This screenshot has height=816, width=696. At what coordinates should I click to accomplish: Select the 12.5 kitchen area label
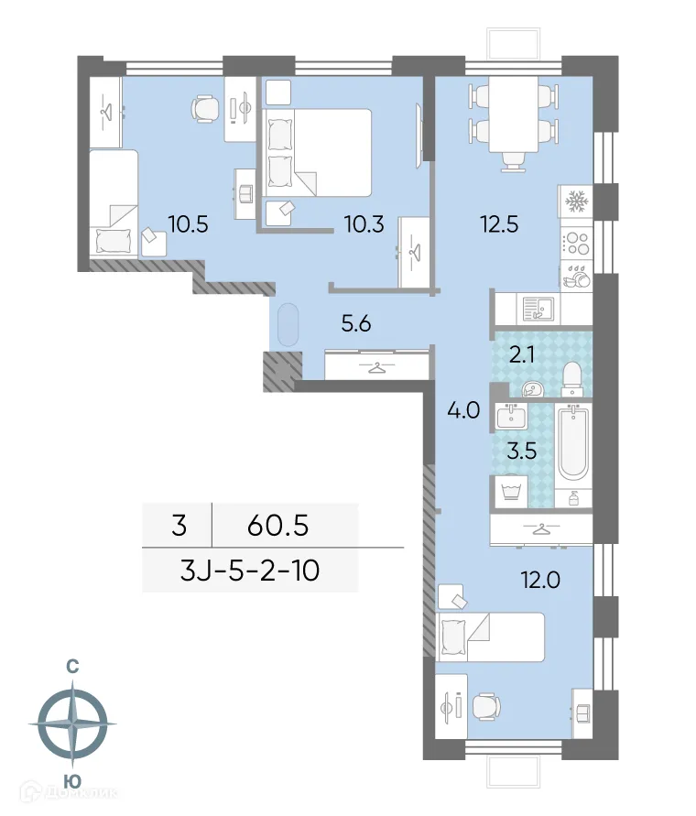pyautogui.click(x=499, y=223)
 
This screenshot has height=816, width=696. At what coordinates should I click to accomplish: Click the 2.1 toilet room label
pyautogui.click(x=523, y=355)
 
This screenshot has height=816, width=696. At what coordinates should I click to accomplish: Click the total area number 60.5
pyautogui.click(x=278, y=526)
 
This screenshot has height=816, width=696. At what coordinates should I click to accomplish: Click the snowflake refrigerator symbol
pyautogui.click(x=575, y=201)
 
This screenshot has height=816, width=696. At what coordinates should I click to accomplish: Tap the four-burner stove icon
pyautogui.click(x=575, y=243)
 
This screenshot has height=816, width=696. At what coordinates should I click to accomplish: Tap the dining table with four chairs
pyautogui.click(x=513, y=117)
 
